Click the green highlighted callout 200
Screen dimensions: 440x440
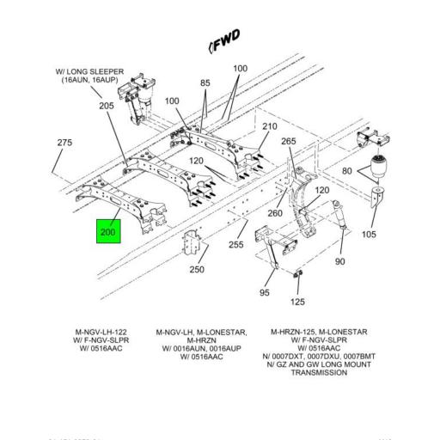pyautogui.click(x=108, y=232)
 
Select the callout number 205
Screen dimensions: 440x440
pyautogui.click(x=106, y=106)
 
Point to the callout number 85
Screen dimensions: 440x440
pyautogui.click(x=205, y=83)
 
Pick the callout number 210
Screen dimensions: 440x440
pyautogui.click(x=269, y=127)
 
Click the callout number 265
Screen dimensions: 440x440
pyautogui.click(x=289, y=142)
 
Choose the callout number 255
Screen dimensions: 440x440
pyautogui.click(x=235, y=244)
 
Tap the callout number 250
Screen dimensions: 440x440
pyautogui.click(x=198, y=270)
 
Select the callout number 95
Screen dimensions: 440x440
pyautogui.click(x=265, y=292)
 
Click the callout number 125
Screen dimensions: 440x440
pyautogui.click(x=297, y=302)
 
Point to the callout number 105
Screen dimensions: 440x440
pyautogui.click(x=370, y=235)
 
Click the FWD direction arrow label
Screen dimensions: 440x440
pyautogui.click(x=225, y=39)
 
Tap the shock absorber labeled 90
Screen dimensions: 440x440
pyautogui.click(x=338, y=228)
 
